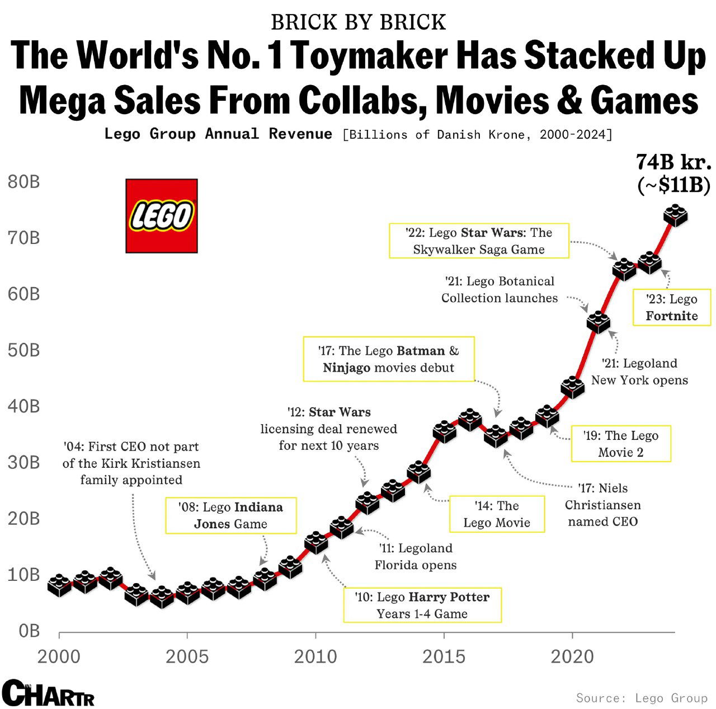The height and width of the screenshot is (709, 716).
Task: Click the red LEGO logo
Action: [x=162, y=216]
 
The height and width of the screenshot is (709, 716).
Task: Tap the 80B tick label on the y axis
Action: [x=24, y=182]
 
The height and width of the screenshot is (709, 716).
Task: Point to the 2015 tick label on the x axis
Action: [x=444, y=656]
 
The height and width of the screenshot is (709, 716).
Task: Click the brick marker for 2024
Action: [x=675, y=215]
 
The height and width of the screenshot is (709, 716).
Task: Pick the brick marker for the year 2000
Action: [x=59, y=585]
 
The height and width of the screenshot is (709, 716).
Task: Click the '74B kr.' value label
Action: [x=673, y=162]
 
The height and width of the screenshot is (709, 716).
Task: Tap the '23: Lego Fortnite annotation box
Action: [x=671, y=307]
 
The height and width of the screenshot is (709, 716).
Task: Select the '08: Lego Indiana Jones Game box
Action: [x=230, y=515]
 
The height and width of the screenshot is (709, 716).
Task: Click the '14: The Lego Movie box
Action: [x=497, y=514]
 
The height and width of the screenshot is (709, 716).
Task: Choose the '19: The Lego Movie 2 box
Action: [x=620, y=444]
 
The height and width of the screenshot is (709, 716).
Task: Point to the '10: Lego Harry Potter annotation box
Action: [x=422, y=605]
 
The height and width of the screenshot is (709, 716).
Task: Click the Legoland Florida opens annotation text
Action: [x=415, y=556]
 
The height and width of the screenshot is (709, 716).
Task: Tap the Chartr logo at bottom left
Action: [x=48, y=694]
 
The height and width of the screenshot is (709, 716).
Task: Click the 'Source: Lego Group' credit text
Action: [x=642, y=698]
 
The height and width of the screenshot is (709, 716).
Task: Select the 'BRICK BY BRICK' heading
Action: [x=358, y=22]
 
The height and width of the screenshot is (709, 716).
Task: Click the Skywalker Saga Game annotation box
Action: [x=479, y=241]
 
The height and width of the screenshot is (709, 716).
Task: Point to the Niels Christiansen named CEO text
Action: [x=602, y=505]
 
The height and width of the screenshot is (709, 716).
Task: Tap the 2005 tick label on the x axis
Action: [x=187, y=656]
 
